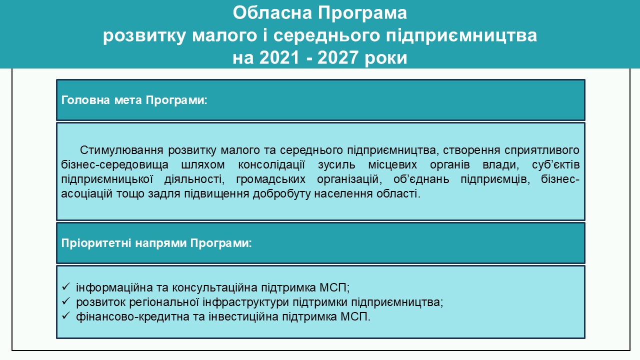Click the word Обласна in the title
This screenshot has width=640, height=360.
[x=272, y=13]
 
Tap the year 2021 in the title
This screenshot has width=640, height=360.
[x=279, y=57]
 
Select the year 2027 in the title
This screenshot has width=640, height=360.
[x=337, y=57]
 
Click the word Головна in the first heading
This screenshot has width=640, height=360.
[x=85, y=100]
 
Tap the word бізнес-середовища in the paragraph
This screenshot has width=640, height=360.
[x=114, y=165]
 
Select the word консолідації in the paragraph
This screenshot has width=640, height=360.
[x=271, y=165]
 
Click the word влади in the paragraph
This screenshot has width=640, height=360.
[x=500, y=165]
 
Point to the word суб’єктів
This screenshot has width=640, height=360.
[x=555, y=165]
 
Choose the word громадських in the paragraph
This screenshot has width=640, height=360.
[x=270, y=179]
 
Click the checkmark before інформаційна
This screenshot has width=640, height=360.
[x=65, y=286]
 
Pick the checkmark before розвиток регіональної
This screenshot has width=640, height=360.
[x=65, y=301]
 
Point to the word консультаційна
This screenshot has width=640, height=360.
[x=214, y=288]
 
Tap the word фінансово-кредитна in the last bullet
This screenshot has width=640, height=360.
[x=133, y=317]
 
